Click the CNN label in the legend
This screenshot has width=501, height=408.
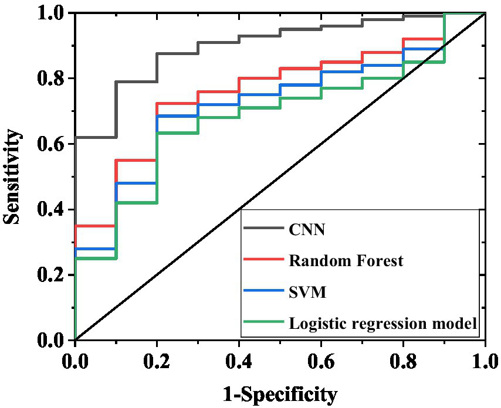tap(307, 229)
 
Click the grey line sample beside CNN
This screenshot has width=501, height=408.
tap(263, 229)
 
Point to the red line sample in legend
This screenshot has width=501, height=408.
tap(263, 260)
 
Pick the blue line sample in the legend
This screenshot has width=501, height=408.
tap(263, 291)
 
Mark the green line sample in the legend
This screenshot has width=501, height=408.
tap(263, 322)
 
